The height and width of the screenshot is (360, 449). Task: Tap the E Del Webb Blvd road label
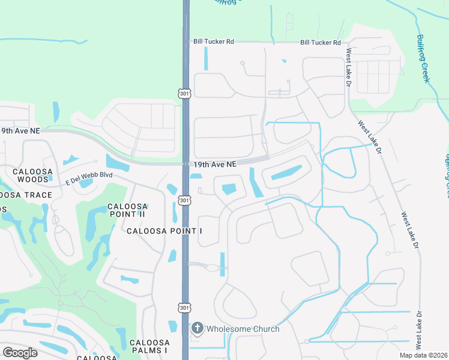point(89,176)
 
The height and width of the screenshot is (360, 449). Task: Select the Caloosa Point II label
point(127,211)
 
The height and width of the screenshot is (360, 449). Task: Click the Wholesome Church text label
point(243,329)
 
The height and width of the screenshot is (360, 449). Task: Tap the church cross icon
point(197,329)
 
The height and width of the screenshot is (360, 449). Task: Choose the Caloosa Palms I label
point(149,346)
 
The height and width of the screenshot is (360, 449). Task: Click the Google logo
point(20,352)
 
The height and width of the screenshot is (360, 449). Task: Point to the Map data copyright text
point(424,355)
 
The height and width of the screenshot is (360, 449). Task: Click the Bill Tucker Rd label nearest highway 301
point(213,42)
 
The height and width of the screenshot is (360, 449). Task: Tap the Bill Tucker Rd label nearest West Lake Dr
point(321,43)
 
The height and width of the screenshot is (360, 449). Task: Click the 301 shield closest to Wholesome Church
point(185,307)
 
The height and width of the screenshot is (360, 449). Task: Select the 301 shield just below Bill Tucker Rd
point(185,93)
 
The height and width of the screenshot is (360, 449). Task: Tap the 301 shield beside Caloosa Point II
point(185,200)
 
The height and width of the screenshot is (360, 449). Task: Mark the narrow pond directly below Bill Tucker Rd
point(206,58)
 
